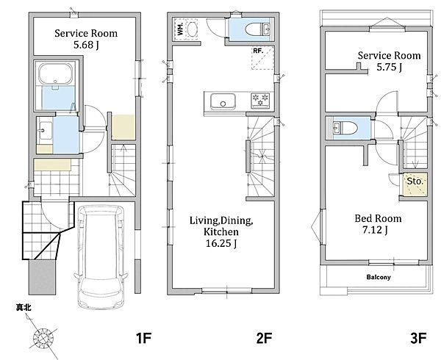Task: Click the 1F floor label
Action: pos(144,337)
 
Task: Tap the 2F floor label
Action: pos(264,337)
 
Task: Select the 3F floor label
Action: pos(418,337)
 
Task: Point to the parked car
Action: pos(101,257)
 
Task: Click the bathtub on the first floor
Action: pos(55,74)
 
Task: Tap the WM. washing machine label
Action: pos(180,28)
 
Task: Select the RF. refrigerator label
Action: pos(258,51)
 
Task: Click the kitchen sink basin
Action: pos(223,101)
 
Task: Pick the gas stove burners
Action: pos(260,100)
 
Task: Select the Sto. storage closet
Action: pos(415,184)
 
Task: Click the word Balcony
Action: pos(379,277)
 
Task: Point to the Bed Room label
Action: pos(378,218)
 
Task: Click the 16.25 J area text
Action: pos(220,243)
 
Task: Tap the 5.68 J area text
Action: pos(86,45)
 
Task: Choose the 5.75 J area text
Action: pos(390,67)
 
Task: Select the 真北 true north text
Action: pos(24,308)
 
